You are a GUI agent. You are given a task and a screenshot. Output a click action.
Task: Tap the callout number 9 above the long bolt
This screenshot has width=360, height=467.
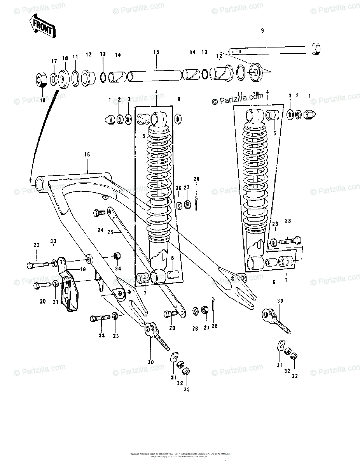coord(262,31)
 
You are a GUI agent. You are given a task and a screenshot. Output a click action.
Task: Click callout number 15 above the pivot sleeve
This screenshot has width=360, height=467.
coord(156,52)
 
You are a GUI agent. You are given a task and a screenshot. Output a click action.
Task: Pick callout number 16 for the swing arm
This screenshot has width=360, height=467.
coord(87,155)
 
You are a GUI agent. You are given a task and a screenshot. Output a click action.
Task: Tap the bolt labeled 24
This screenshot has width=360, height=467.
coord(99,214)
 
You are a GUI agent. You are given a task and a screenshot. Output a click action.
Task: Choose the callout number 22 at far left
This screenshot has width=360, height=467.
coord(37,245)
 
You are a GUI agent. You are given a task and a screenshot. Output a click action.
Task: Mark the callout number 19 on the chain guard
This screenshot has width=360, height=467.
coord(83,269)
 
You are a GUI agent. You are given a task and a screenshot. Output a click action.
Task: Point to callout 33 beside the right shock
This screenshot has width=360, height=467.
coord(288,221)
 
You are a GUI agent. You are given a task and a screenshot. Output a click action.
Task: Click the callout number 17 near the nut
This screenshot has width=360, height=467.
coord(54,61)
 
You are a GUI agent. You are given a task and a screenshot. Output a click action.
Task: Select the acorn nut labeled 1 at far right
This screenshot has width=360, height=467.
coord(310,114)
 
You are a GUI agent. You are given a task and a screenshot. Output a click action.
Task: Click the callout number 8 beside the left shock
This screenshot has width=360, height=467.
coord(179,99)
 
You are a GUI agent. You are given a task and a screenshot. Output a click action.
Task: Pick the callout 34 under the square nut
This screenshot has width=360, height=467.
coord(118,269)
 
